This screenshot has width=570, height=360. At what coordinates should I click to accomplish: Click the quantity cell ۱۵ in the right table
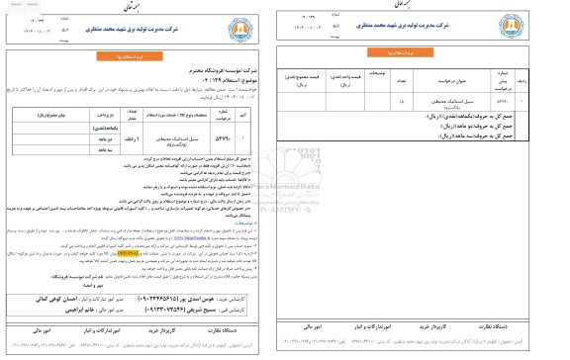(399, 129)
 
